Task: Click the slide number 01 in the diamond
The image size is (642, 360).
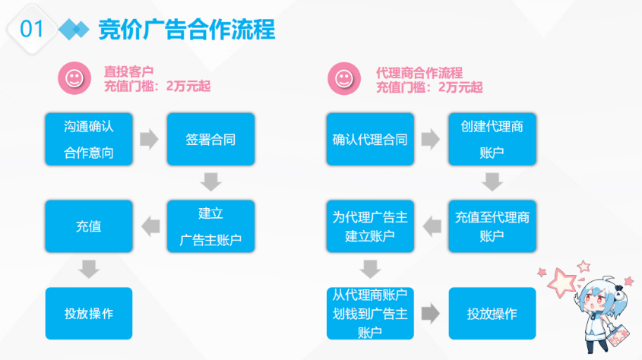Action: coord(31,29)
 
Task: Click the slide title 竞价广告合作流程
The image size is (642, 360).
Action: coord(187,30)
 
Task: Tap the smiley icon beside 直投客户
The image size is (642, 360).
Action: coord(74,78)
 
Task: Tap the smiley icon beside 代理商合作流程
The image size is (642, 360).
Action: coord(344,78)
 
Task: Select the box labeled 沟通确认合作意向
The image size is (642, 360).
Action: coord(89,139)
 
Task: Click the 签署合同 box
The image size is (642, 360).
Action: coord(211,139)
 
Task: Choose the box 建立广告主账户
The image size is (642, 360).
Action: coord(211,226)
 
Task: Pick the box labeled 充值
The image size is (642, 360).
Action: coord(89,226)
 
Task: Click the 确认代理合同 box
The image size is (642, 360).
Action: coord(370,139)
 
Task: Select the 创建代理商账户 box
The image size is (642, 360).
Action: coord(492,139)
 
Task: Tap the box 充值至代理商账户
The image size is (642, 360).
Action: coord(492,226)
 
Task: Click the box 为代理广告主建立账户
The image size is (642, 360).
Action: coord(370,226)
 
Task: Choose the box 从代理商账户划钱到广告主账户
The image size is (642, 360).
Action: coord(370,314)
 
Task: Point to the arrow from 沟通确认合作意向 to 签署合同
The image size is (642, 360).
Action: coord(149,139)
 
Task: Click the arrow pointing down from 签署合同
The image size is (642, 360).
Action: coord(211,182)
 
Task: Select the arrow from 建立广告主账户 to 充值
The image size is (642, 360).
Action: coord(150,226)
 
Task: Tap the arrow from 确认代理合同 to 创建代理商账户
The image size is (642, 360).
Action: coord(431,139)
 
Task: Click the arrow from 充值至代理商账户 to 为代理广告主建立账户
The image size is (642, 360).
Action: coord(432,226)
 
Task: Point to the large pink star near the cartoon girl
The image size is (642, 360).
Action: coord(561,283)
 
